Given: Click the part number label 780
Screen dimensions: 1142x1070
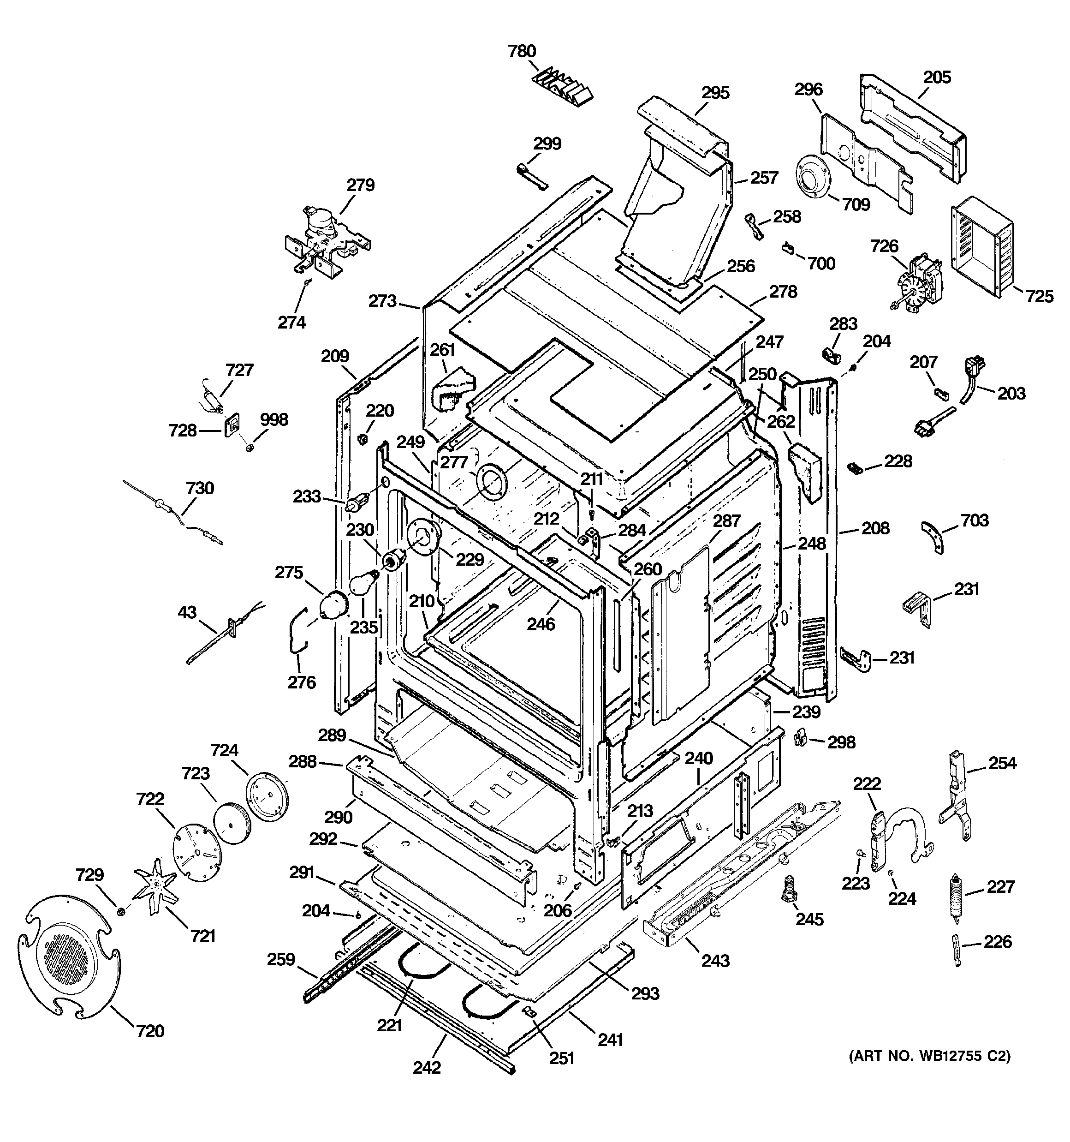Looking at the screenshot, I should pos(522,51).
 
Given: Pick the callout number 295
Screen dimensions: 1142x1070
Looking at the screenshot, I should pos(715,92).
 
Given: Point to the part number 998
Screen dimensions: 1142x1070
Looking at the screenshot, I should pos(273,419).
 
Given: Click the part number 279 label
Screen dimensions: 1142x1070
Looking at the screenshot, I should pos(360,185).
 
